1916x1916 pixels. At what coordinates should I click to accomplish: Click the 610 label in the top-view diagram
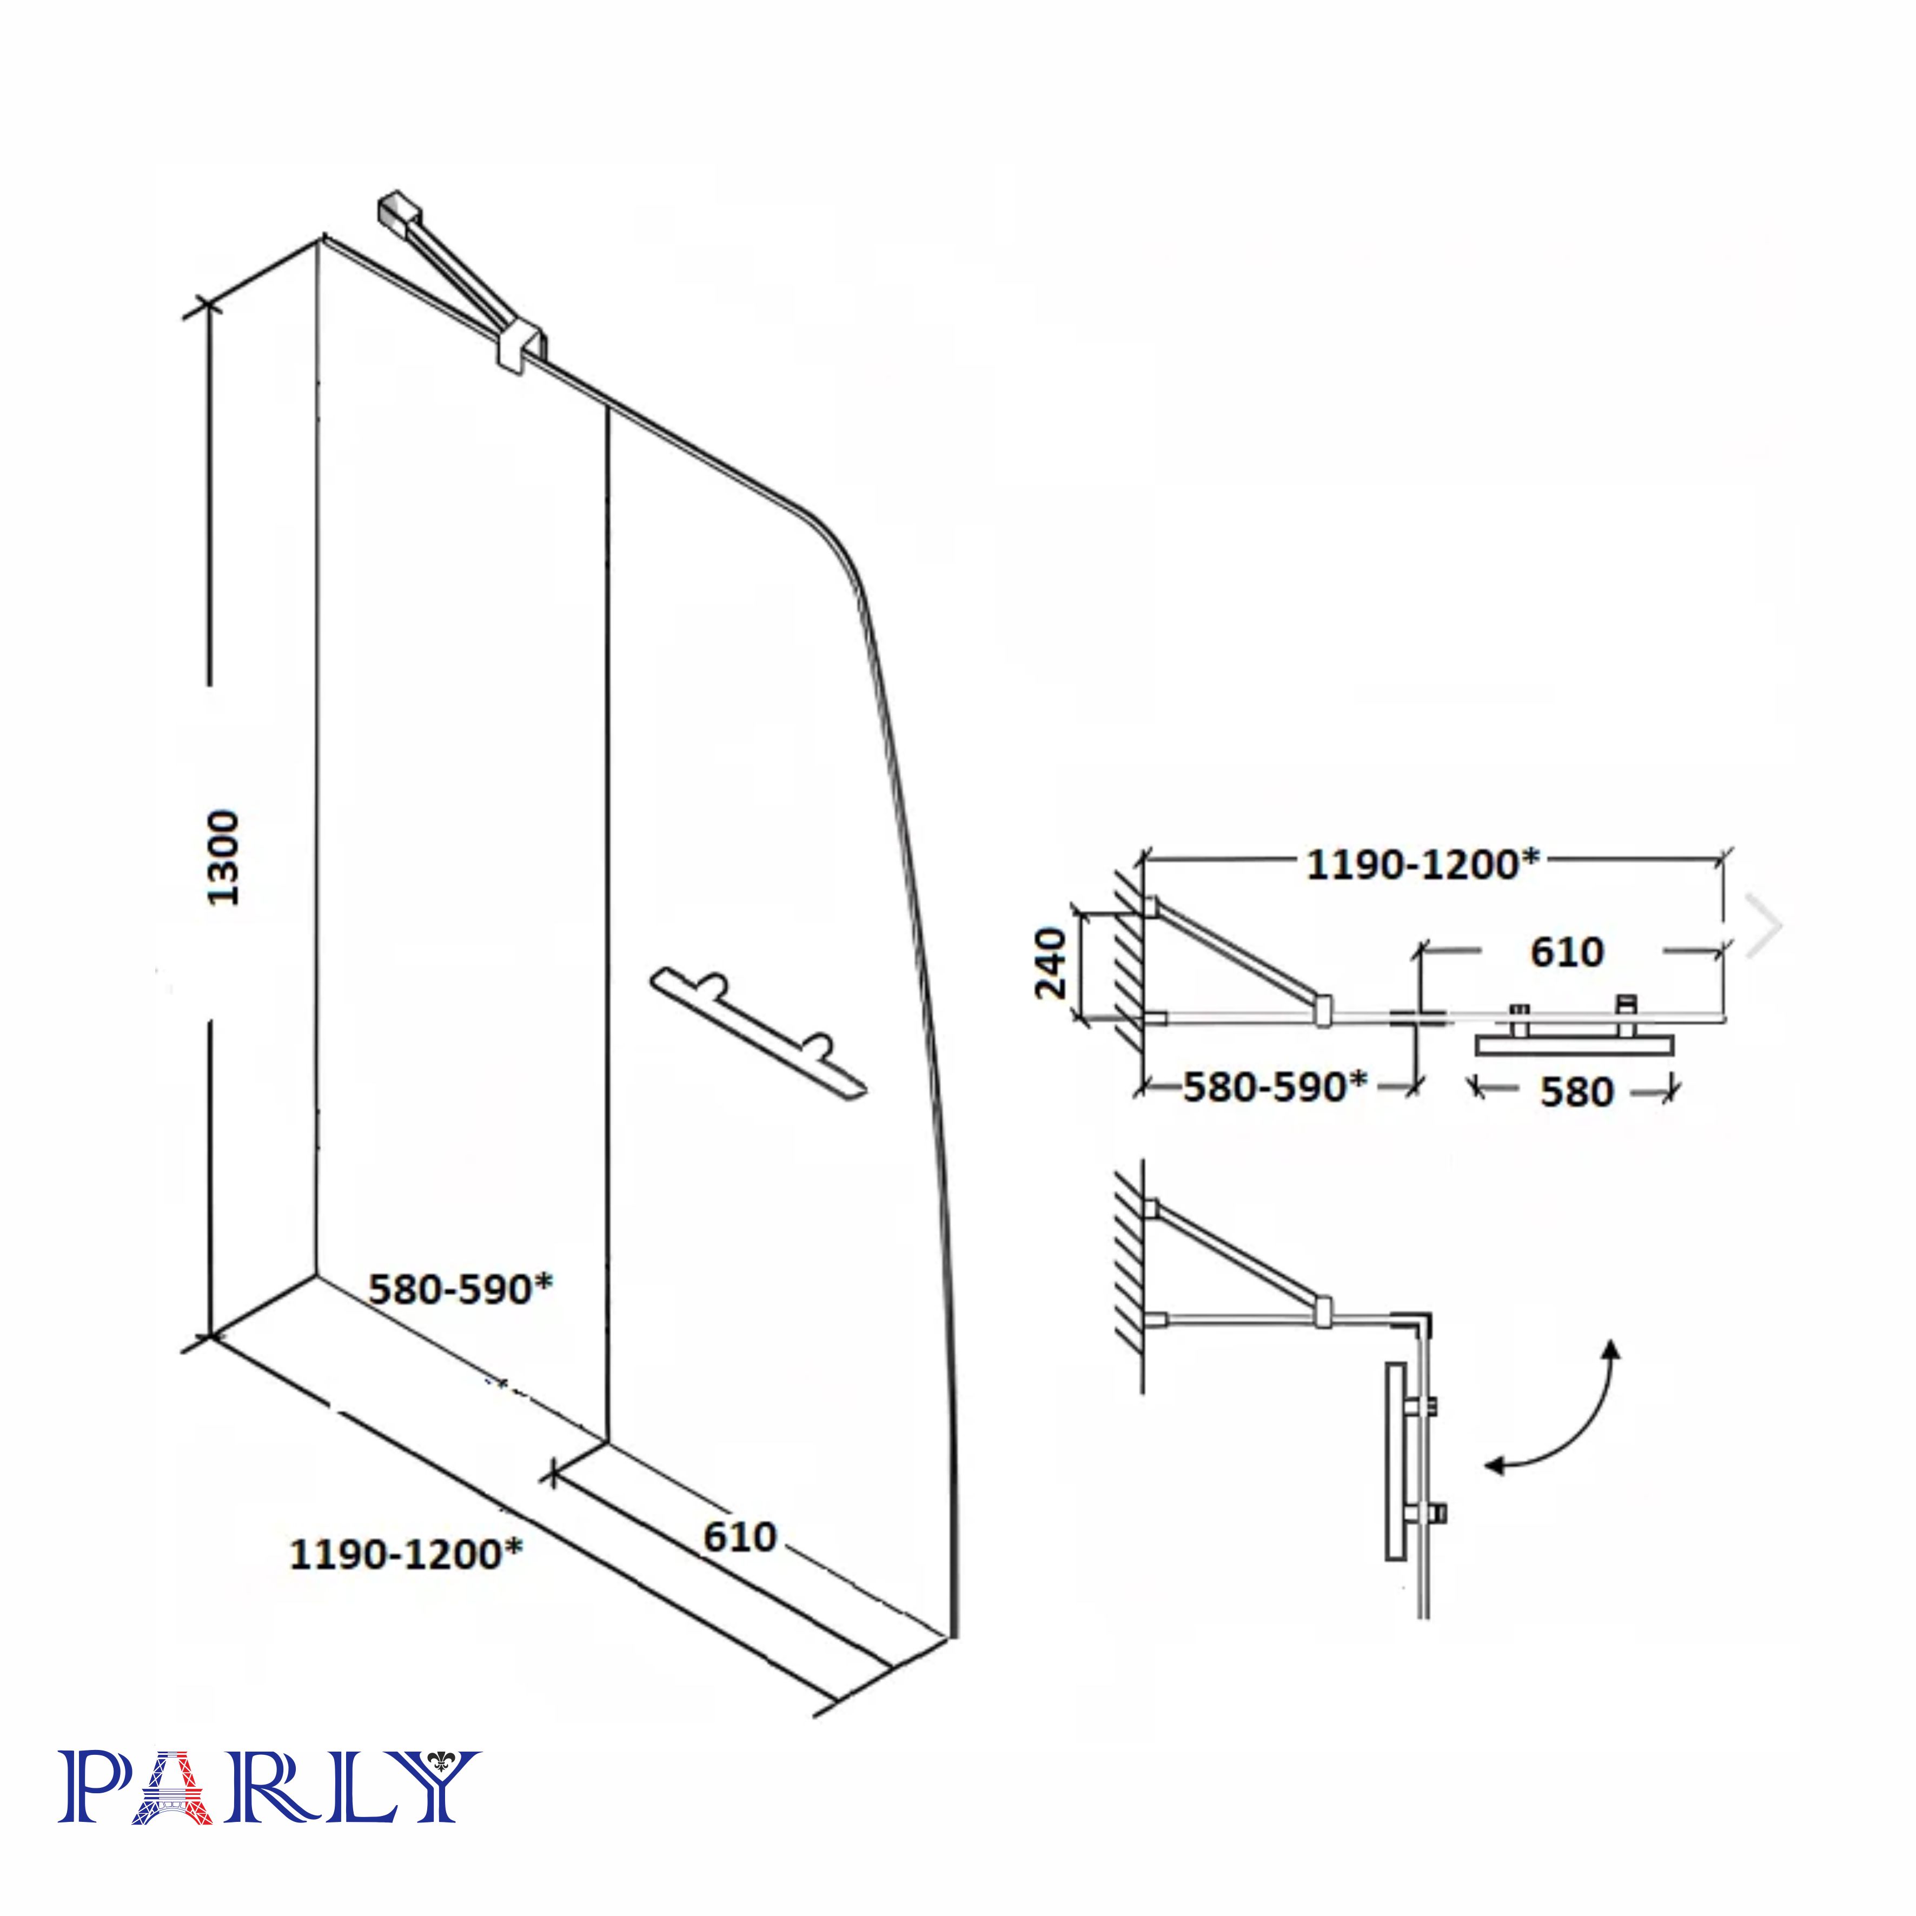point(1567,952)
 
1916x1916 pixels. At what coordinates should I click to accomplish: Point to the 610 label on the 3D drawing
point(740,1537)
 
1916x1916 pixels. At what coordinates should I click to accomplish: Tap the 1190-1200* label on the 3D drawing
point(406,1554)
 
